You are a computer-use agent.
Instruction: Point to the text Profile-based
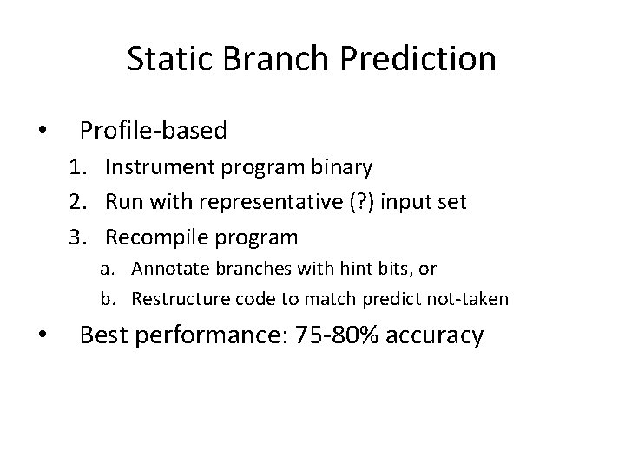click(153, 131)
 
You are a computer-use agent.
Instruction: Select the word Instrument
click(157, 167)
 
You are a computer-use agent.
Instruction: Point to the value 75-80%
click(330, 335)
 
